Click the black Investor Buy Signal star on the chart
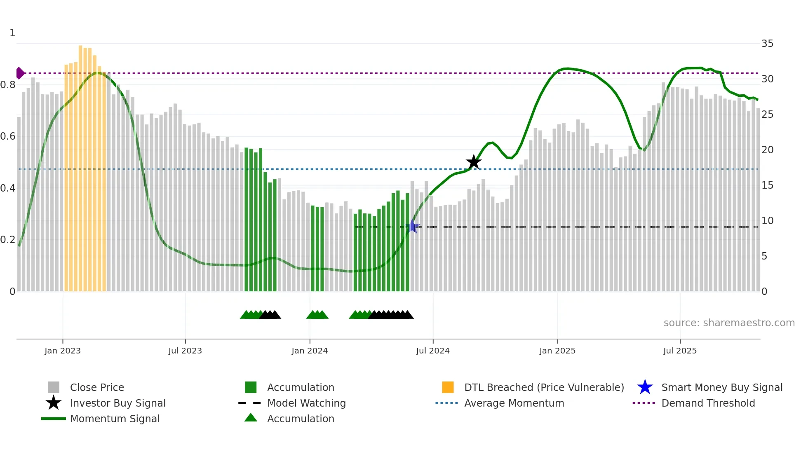click(x=474, y=162)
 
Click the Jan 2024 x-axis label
click(x=310, y=351)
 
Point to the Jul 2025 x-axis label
click(x=680, y=351)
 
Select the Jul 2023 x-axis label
click(x=185, y=351)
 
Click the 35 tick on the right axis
click(x=767, y=44)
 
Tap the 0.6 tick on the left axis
click(x=8, y=136)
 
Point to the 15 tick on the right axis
click(x=767, y=185)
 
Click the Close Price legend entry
click(x=96, y=387)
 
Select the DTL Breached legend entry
click(x=544, y=387)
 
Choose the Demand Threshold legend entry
click(x=708, y=403)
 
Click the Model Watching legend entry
click(x=306, y=403)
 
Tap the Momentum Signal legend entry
click(x=115, y=419)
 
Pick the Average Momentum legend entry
click(x=514, y=403)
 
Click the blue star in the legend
click(x=645, y=387)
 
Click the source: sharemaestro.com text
click(x=729, y=323)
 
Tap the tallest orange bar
click(x=80, y=165)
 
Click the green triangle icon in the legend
click(x=251, y=418)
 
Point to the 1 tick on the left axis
click(x=12, y=33)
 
